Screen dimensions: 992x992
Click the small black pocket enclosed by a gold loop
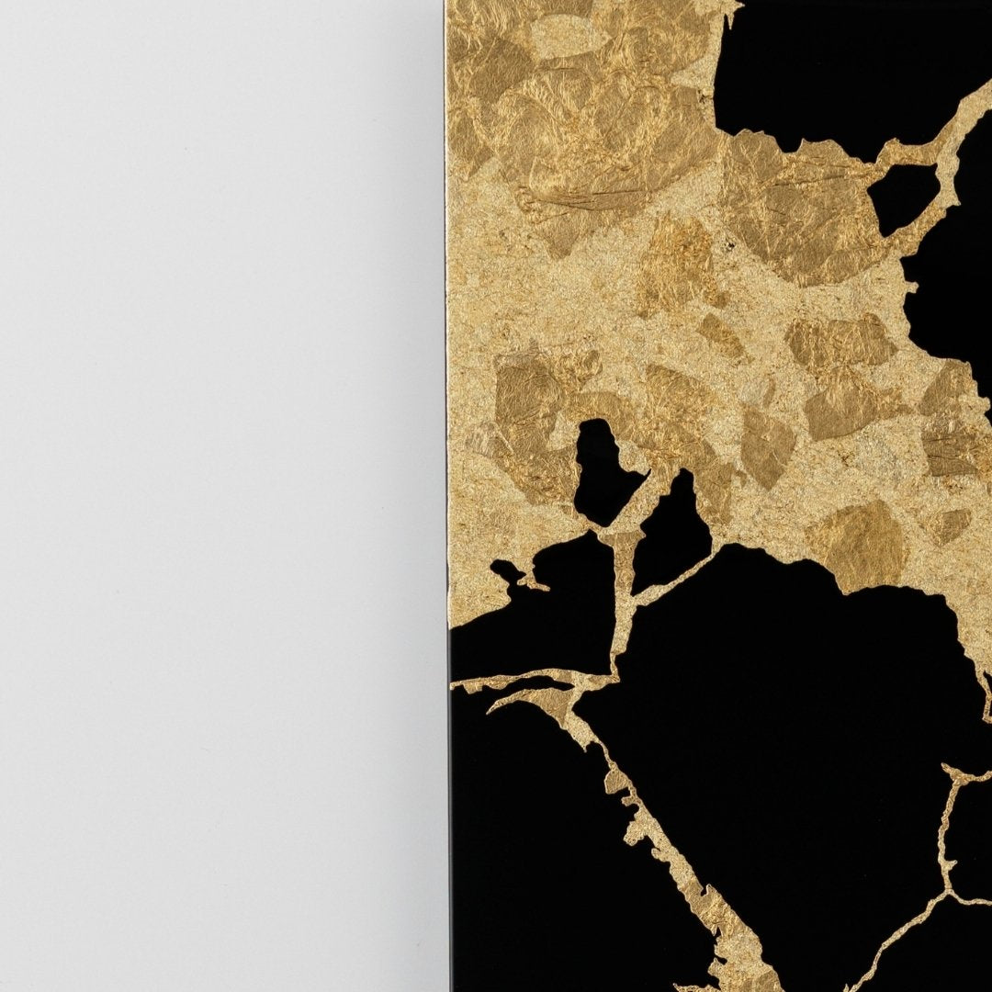click(x=904, y=197)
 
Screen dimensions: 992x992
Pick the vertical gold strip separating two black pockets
click(x=626, y=588)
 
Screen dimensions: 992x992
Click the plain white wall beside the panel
click(x=220, y=496)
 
